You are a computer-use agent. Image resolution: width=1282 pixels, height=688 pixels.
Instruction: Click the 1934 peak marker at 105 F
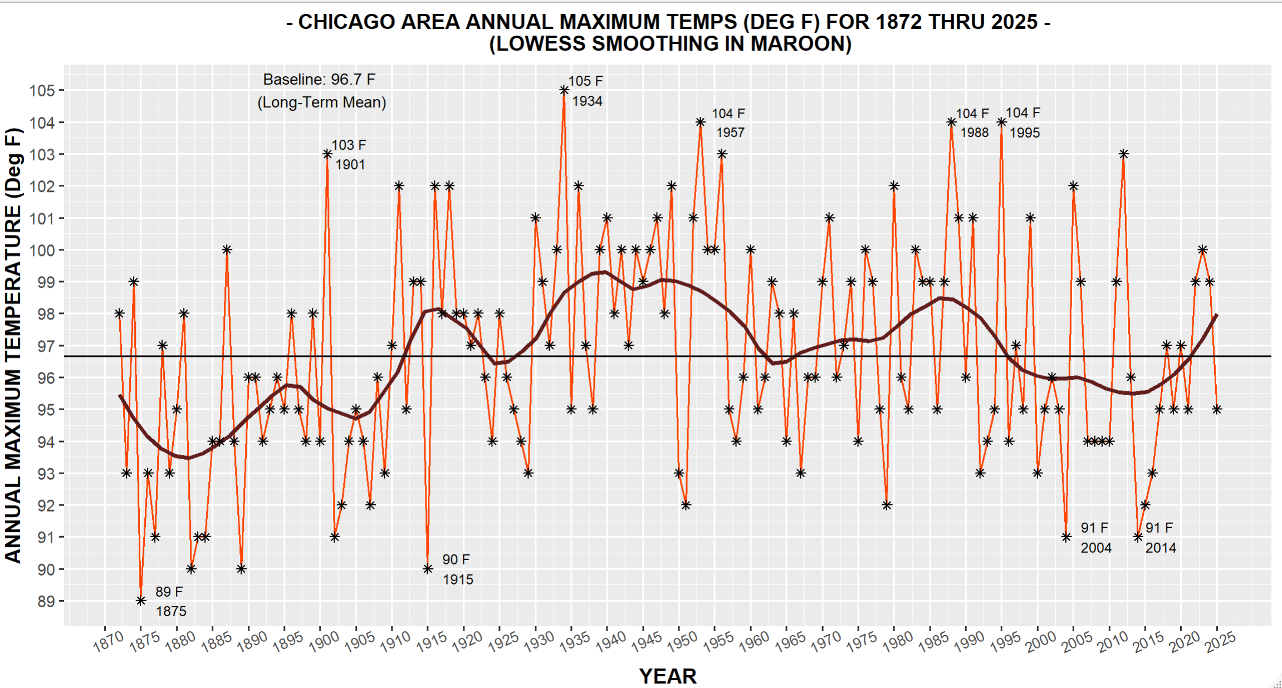[x=564, y=90]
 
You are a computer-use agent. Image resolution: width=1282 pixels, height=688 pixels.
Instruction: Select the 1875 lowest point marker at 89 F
[x=141, y=601]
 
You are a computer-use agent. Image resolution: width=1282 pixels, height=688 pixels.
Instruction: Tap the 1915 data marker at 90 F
[x=428, y=569]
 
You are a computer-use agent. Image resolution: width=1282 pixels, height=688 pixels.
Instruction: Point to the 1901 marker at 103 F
[x=327, y=154]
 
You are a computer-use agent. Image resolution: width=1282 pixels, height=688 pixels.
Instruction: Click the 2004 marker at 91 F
[x=1066, y=537]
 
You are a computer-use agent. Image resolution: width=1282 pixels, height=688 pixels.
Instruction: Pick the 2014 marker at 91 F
[x=1138, y=537]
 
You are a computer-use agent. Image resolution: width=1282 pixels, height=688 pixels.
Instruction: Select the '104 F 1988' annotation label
[x=973, y=123]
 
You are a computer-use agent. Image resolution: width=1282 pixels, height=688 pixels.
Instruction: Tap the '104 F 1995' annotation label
[x=1023, y=123]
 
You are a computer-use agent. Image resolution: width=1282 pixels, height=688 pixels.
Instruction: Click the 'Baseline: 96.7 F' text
[x=319, y=80]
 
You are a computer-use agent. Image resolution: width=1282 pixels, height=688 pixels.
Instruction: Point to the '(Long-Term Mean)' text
[x=322, y=102]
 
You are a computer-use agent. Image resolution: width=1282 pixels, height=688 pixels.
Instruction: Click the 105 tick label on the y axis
[x=42, y=91]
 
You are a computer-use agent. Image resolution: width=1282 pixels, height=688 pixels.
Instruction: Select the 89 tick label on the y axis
[x=46, y=602]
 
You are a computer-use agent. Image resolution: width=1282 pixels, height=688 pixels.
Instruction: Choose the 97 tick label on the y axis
[x=46, y=346]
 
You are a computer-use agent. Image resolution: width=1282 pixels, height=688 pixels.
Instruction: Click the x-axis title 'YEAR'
[x=668, y=676]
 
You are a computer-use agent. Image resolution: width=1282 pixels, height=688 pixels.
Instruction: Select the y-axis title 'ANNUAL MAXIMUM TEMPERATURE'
[x=13, y=345]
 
